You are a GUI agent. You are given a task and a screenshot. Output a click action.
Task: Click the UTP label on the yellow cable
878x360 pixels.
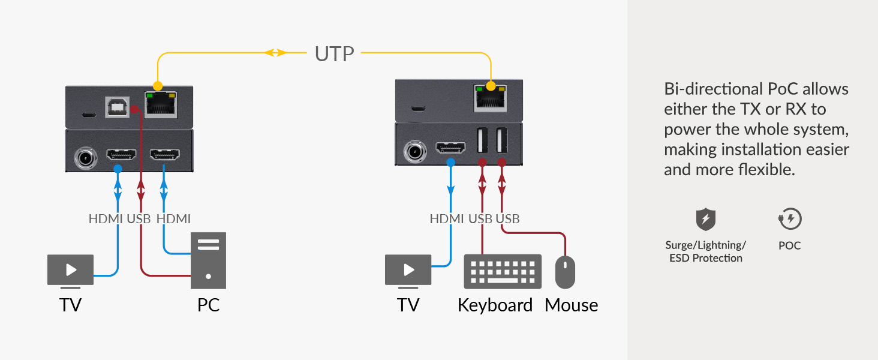(x=334, y=53)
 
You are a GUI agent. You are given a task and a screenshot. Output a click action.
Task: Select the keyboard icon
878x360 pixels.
(x=502, y=272)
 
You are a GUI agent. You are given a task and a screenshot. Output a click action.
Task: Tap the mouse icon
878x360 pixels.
(x=565, y=272)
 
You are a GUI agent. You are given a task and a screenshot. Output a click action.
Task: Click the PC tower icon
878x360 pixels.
(x=208, y=260)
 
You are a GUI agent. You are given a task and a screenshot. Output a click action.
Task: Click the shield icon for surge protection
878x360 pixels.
(x=705, y=220)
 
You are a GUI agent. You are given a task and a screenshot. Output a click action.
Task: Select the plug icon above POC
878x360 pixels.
(x=790, y=220)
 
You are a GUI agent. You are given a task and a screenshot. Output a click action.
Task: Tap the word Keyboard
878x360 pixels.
(x=495, y=305)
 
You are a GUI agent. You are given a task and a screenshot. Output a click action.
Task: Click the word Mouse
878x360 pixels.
(x=571, y=305)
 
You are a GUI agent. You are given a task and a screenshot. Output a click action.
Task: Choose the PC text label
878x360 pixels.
(x=208, y=305)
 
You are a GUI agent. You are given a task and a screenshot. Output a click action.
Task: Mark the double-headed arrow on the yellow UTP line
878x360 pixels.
(x=275, y=53)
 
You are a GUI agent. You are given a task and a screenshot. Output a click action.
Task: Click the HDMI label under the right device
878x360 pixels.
(x=447, y=219)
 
